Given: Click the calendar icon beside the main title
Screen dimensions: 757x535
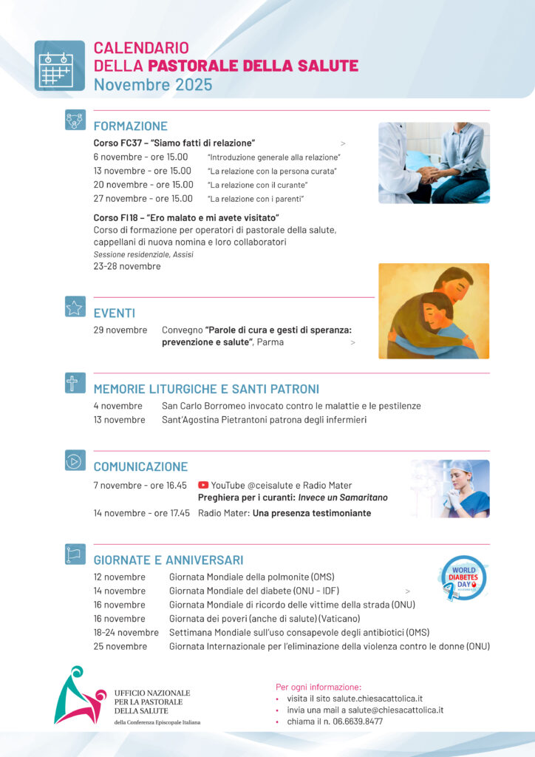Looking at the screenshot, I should click(59, 65).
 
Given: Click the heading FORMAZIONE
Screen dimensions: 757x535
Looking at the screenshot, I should click(130, 126).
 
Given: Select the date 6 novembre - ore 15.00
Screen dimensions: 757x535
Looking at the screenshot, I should click(140, 157).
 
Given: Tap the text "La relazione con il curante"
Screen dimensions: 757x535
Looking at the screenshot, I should click(257, 185).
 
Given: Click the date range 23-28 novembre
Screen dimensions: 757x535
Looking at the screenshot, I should click(126, 266).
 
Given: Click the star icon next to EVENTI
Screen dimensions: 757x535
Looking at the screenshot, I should click(75, 308).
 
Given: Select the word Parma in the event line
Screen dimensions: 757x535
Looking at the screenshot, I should click(270, 342).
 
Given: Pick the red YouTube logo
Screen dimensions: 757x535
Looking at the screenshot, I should click(203, 485).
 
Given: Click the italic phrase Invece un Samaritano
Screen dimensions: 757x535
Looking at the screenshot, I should click(343, 498).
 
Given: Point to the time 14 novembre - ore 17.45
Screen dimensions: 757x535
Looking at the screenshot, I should click(141, 513).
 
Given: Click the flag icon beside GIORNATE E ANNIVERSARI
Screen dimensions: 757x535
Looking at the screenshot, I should click(75, 554).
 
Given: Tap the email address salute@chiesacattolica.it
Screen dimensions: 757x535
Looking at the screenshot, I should click(391, 710).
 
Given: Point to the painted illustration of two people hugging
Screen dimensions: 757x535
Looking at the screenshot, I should click(434, 311).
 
